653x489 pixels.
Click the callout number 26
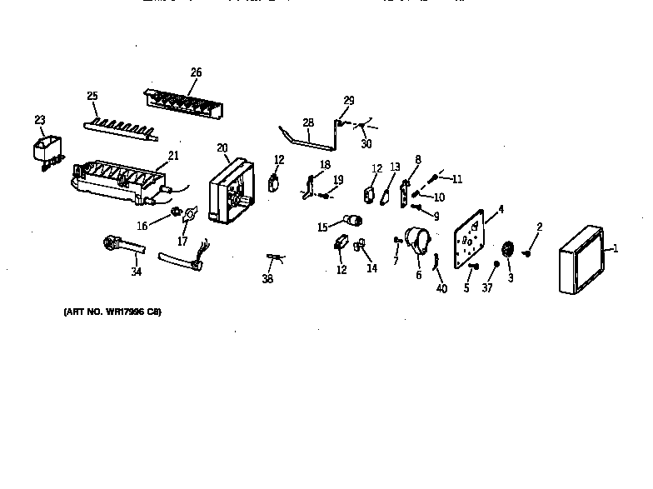coord(196,72)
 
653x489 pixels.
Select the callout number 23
coord(40,120)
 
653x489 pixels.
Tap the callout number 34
coord(135,271)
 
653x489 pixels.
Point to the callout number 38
coord(267,279)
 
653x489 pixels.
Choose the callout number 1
coord(616,247)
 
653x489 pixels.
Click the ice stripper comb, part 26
coord(185,102)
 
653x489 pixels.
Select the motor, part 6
coord(417,241)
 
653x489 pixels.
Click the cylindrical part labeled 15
coord(354,221)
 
